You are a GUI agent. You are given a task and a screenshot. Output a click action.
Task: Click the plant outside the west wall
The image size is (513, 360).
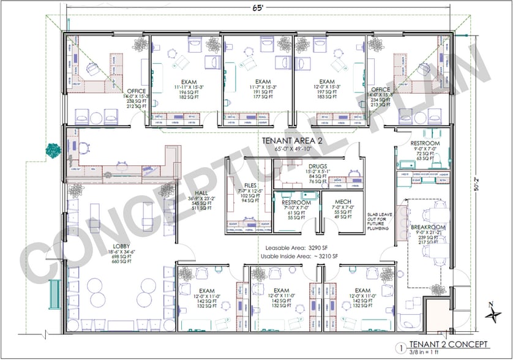click(x=54, y=149)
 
